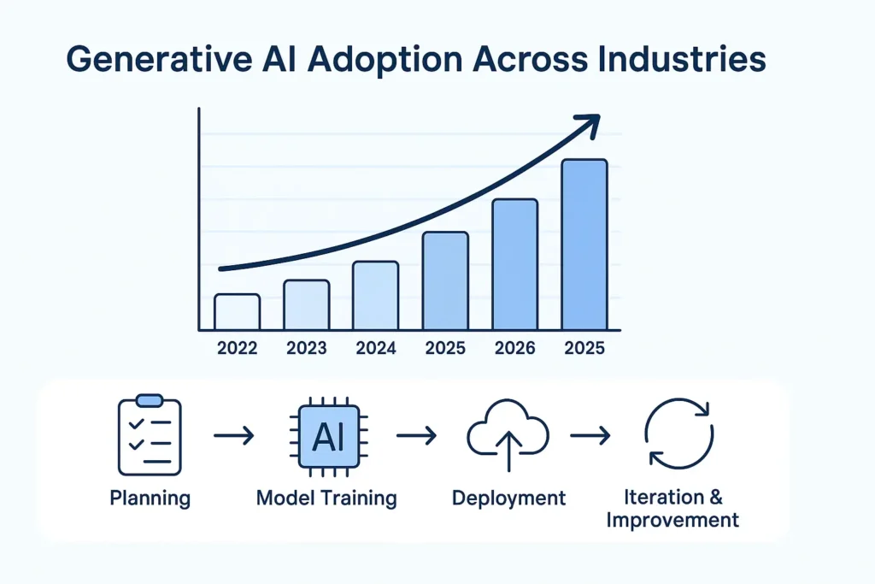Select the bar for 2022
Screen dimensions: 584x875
pos(237,312)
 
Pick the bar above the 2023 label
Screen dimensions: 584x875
pos(306,305)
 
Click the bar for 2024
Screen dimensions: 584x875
pos(376,296)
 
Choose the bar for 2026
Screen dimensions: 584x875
pos(515,264)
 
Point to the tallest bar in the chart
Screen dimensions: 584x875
pos(584,245)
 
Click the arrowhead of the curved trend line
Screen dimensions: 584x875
pos(588,125)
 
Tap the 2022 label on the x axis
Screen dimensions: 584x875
pos(237,348)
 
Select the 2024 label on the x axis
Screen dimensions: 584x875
pos(376,348)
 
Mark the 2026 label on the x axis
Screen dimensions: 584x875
pos(515,348)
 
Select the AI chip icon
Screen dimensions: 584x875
pos(327,436)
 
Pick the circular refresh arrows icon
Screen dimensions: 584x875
pos(678,434)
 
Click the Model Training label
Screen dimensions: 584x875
pos(326,498)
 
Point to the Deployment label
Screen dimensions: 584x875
pos(508,498)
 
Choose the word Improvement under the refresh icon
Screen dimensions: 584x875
pos(672,519)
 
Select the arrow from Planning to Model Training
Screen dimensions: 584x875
pos(233,436)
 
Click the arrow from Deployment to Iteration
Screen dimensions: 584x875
pos(590,436)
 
